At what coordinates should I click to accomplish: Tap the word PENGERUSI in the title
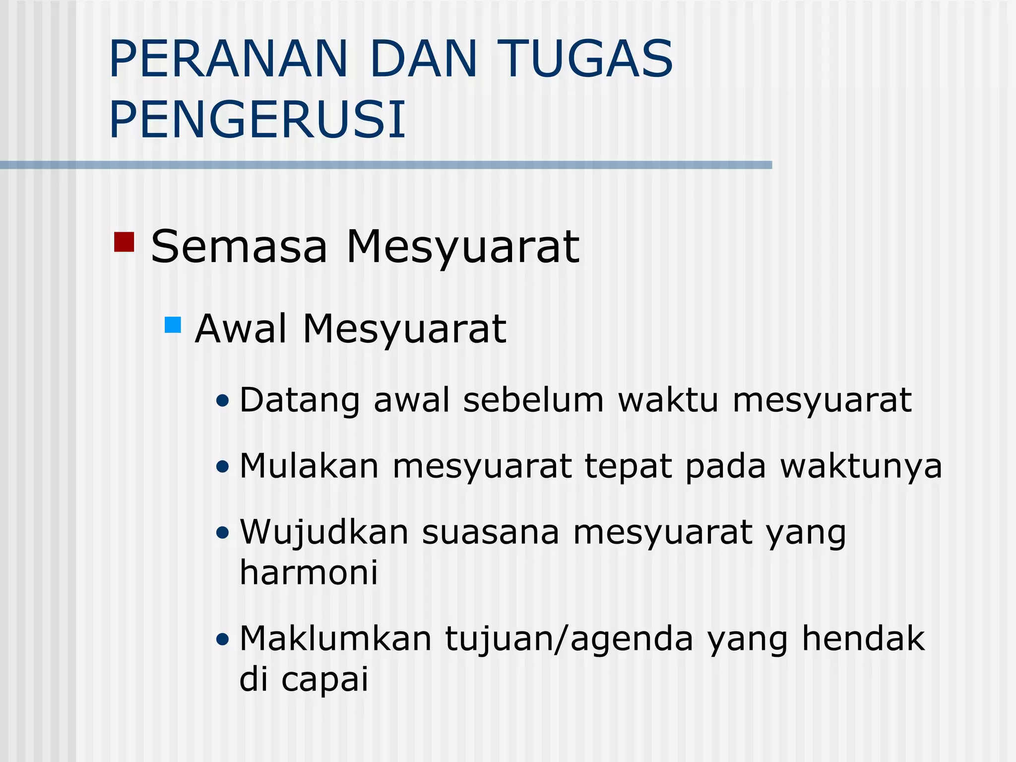pos(257,120)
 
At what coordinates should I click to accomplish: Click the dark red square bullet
pos(124,242)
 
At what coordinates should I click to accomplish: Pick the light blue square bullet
pos(173,325)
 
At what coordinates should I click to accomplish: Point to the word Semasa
pos(239,247)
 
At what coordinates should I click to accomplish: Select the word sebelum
pos(533,400)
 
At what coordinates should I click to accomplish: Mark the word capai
pos(325,680)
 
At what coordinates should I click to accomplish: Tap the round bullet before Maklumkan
pos(223,639)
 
